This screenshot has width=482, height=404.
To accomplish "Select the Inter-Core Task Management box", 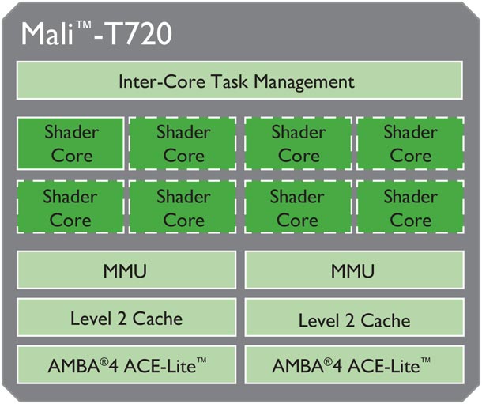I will (237, 81).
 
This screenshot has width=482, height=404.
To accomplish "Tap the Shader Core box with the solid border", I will (71, 143).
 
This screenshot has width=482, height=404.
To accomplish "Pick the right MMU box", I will (354, 272).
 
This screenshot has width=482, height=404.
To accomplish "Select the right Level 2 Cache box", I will (354, 319).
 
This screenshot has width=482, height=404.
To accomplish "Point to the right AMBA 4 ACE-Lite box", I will (354, 365).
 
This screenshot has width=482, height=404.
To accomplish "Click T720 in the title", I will (139, 33).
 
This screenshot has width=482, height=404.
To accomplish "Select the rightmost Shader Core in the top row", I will (410, 143).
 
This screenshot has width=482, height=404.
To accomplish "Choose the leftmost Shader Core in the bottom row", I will (71, 207).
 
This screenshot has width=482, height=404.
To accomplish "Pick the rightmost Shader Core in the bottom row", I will (410, 207).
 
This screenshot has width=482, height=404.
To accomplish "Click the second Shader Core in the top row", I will (183, 143).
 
